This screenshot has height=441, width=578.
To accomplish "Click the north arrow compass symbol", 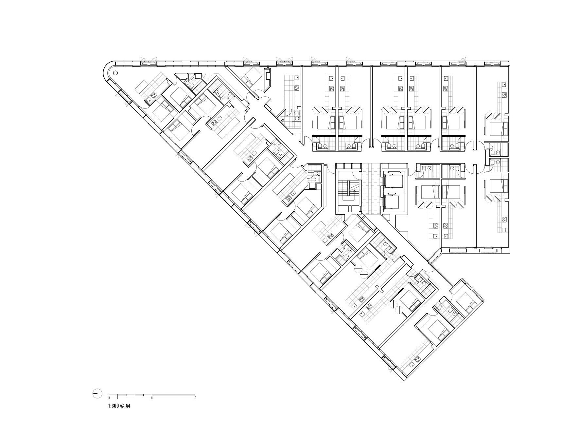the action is (x=97, y=393).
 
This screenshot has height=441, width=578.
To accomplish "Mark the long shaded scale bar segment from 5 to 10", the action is (x=174, y=394).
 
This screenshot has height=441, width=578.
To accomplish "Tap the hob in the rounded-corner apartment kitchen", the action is (x=152, y=95).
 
